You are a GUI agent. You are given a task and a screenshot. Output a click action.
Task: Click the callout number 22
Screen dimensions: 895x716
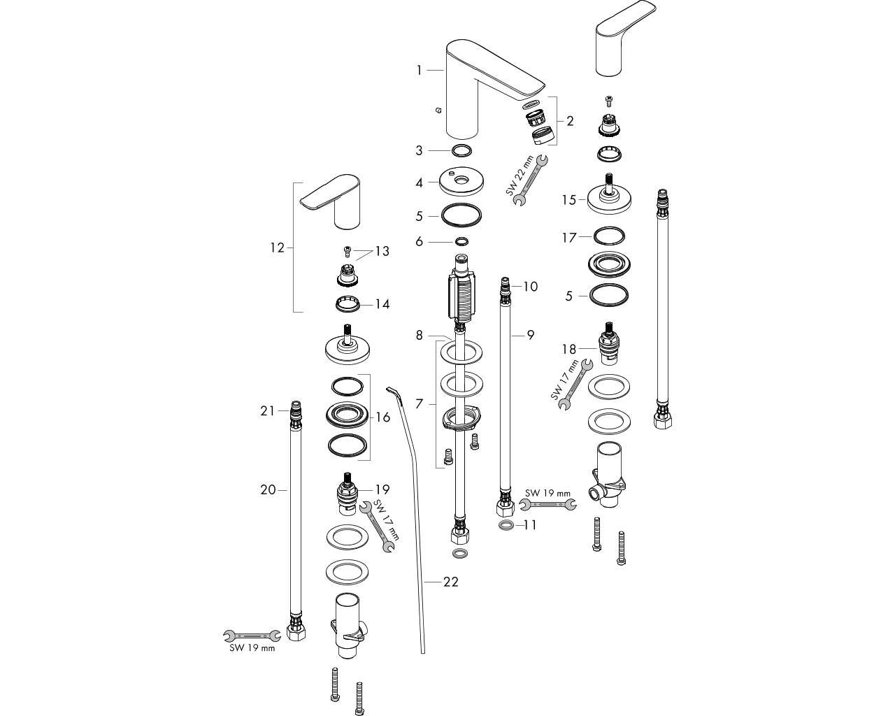[451, 582]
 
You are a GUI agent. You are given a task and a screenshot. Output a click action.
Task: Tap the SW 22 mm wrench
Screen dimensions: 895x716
[531, 180]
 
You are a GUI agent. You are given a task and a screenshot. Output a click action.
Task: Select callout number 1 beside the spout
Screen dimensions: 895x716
[420, 71]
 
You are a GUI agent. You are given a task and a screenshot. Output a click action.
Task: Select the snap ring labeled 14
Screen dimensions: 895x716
[348, 303]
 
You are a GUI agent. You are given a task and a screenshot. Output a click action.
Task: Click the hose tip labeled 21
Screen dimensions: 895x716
[295, 411]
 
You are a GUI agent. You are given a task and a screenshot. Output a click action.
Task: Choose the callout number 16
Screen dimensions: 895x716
[382, 417]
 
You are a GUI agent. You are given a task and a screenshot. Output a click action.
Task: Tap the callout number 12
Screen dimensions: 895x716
[277, 248]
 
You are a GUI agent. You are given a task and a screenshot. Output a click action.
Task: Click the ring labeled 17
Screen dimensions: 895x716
[609, 237]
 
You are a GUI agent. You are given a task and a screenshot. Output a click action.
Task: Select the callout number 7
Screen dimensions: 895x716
[420, 403]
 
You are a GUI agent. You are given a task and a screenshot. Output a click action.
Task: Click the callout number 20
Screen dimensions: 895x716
[268, 490]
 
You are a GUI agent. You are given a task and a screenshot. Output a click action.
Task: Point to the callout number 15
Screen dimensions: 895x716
[569, 200]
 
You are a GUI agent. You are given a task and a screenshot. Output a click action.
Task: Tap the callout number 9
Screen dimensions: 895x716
[531, 335]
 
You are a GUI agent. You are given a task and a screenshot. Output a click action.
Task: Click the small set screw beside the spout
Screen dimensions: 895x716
[438, 110]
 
